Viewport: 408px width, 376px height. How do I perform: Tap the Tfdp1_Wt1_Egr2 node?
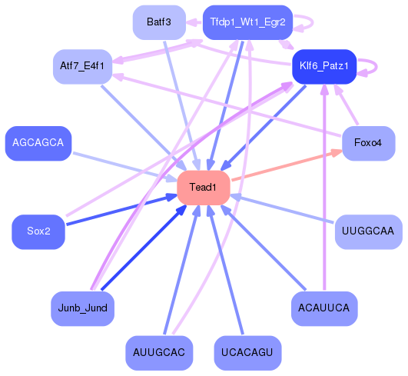247,22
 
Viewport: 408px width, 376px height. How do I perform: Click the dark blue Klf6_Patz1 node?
323,66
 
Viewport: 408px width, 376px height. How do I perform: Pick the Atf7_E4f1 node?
83,66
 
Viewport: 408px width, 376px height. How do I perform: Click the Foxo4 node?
368,144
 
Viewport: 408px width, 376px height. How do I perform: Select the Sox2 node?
38,231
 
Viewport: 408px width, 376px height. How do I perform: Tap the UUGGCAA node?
368,231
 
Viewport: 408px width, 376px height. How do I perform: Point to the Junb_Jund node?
83,308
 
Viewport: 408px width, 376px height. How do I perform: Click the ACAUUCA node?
324,308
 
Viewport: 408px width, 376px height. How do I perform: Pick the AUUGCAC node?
159,352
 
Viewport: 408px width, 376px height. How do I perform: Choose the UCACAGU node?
247,352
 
